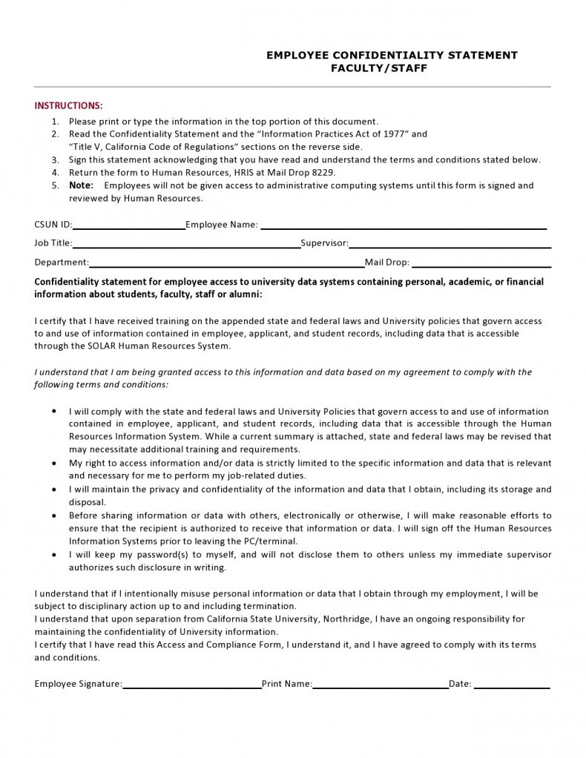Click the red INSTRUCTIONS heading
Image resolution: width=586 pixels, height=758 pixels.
point(68,105)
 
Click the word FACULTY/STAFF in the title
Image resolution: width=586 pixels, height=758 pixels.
point(379,68)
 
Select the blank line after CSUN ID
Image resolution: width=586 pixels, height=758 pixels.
point(128,225)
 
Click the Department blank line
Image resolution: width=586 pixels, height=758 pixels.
point(226,263)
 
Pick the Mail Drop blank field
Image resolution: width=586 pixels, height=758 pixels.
point(481,263)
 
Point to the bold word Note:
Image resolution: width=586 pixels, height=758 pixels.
point(81,185)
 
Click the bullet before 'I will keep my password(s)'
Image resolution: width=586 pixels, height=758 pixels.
point(54,555)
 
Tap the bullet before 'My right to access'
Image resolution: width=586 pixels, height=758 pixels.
point(54,463)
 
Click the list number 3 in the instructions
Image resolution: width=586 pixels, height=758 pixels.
point(55,159)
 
